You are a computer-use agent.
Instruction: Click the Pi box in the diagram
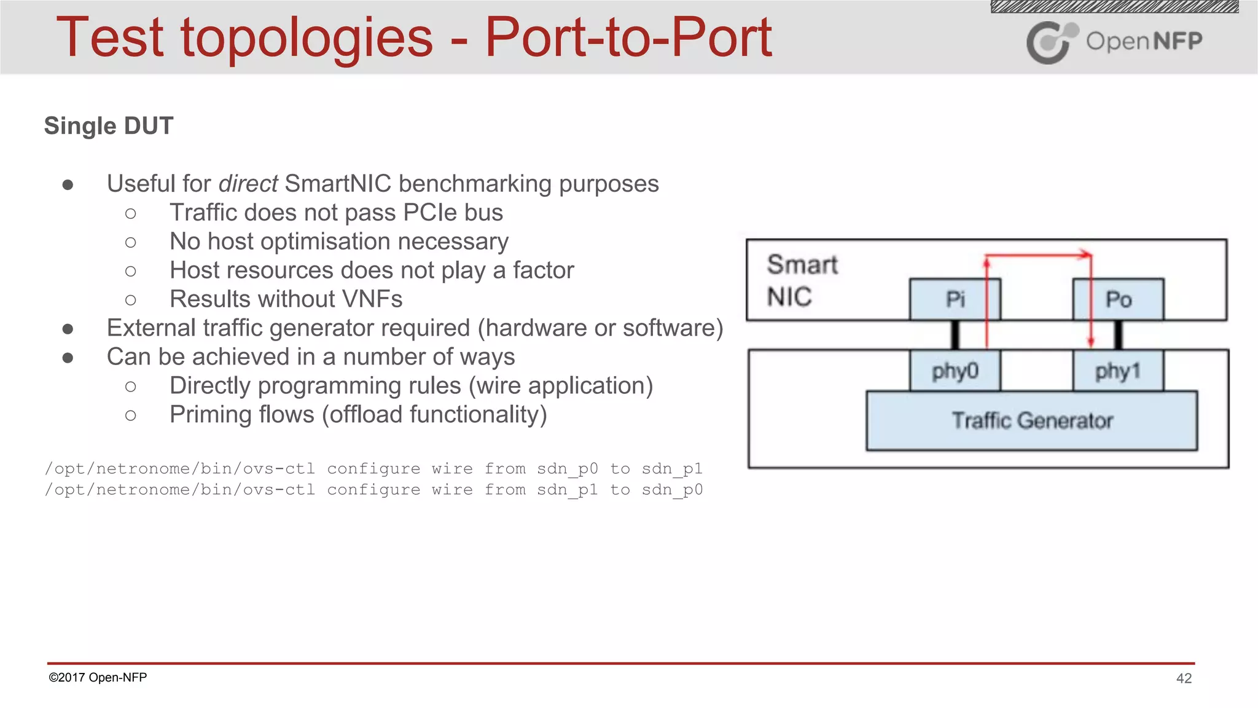(x=955, y=299)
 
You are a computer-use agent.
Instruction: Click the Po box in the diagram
(x=1118, y=299)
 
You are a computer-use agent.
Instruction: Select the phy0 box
(x=955, y=371)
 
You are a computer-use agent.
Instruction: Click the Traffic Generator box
(x=1032, y=421)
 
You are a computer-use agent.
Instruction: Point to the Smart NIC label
(x=802, y=280)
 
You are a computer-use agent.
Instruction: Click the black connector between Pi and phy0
(x=955, y=336)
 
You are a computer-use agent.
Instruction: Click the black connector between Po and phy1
(x=1118, y=336)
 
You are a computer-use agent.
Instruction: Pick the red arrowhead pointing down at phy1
(x=1091, y=342)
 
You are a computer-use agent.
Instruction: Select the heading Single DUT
(x=109, y=126)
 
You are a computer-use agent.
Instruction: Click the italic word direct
(x=248, y=184)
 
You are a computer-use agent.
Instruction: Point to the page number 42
(x=1184, y=678)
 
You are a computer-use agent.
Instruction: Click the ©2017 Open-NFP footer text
(x=98, y=677)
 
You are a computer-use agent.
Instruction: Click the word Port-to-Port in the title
(x=628, y=38)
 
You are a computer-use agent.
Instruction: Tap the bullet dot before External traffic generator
(x=68, y=329)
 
